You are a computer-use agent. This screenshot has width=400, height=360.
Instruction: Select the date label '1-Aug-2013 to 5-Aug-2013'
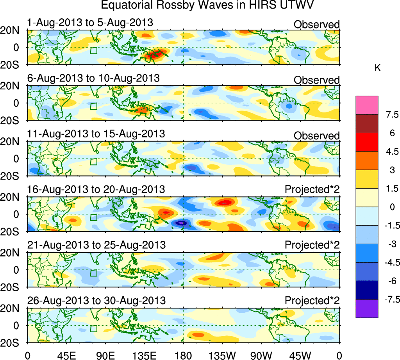coord(90,23)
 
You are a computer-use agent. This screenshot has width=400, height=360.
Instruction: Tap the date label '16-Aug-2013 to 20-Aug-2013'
coord(96,190)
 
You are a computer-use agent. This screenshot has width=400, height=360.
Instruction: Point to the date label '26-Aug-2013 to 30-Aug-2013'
coord(96,301)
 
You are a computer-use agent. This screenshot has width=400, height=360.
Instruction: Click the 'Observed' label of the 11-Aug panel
coord(316,136)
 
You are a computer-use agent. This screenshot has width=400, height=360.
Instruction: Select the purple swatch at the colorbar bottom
coord(367,308)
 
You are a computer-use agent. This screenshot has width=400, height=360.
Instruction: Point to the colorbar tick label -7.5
coord(390,299)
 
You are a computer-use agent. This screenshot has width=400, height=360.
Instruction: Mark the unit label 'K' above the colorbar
coord(377,68)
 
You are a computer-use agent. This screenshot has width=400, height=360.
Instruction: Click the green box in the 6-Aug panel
coord(93,106)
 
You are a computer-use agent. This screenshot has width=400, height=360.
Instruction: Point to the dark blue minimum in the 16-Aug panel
coord(181,223)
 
